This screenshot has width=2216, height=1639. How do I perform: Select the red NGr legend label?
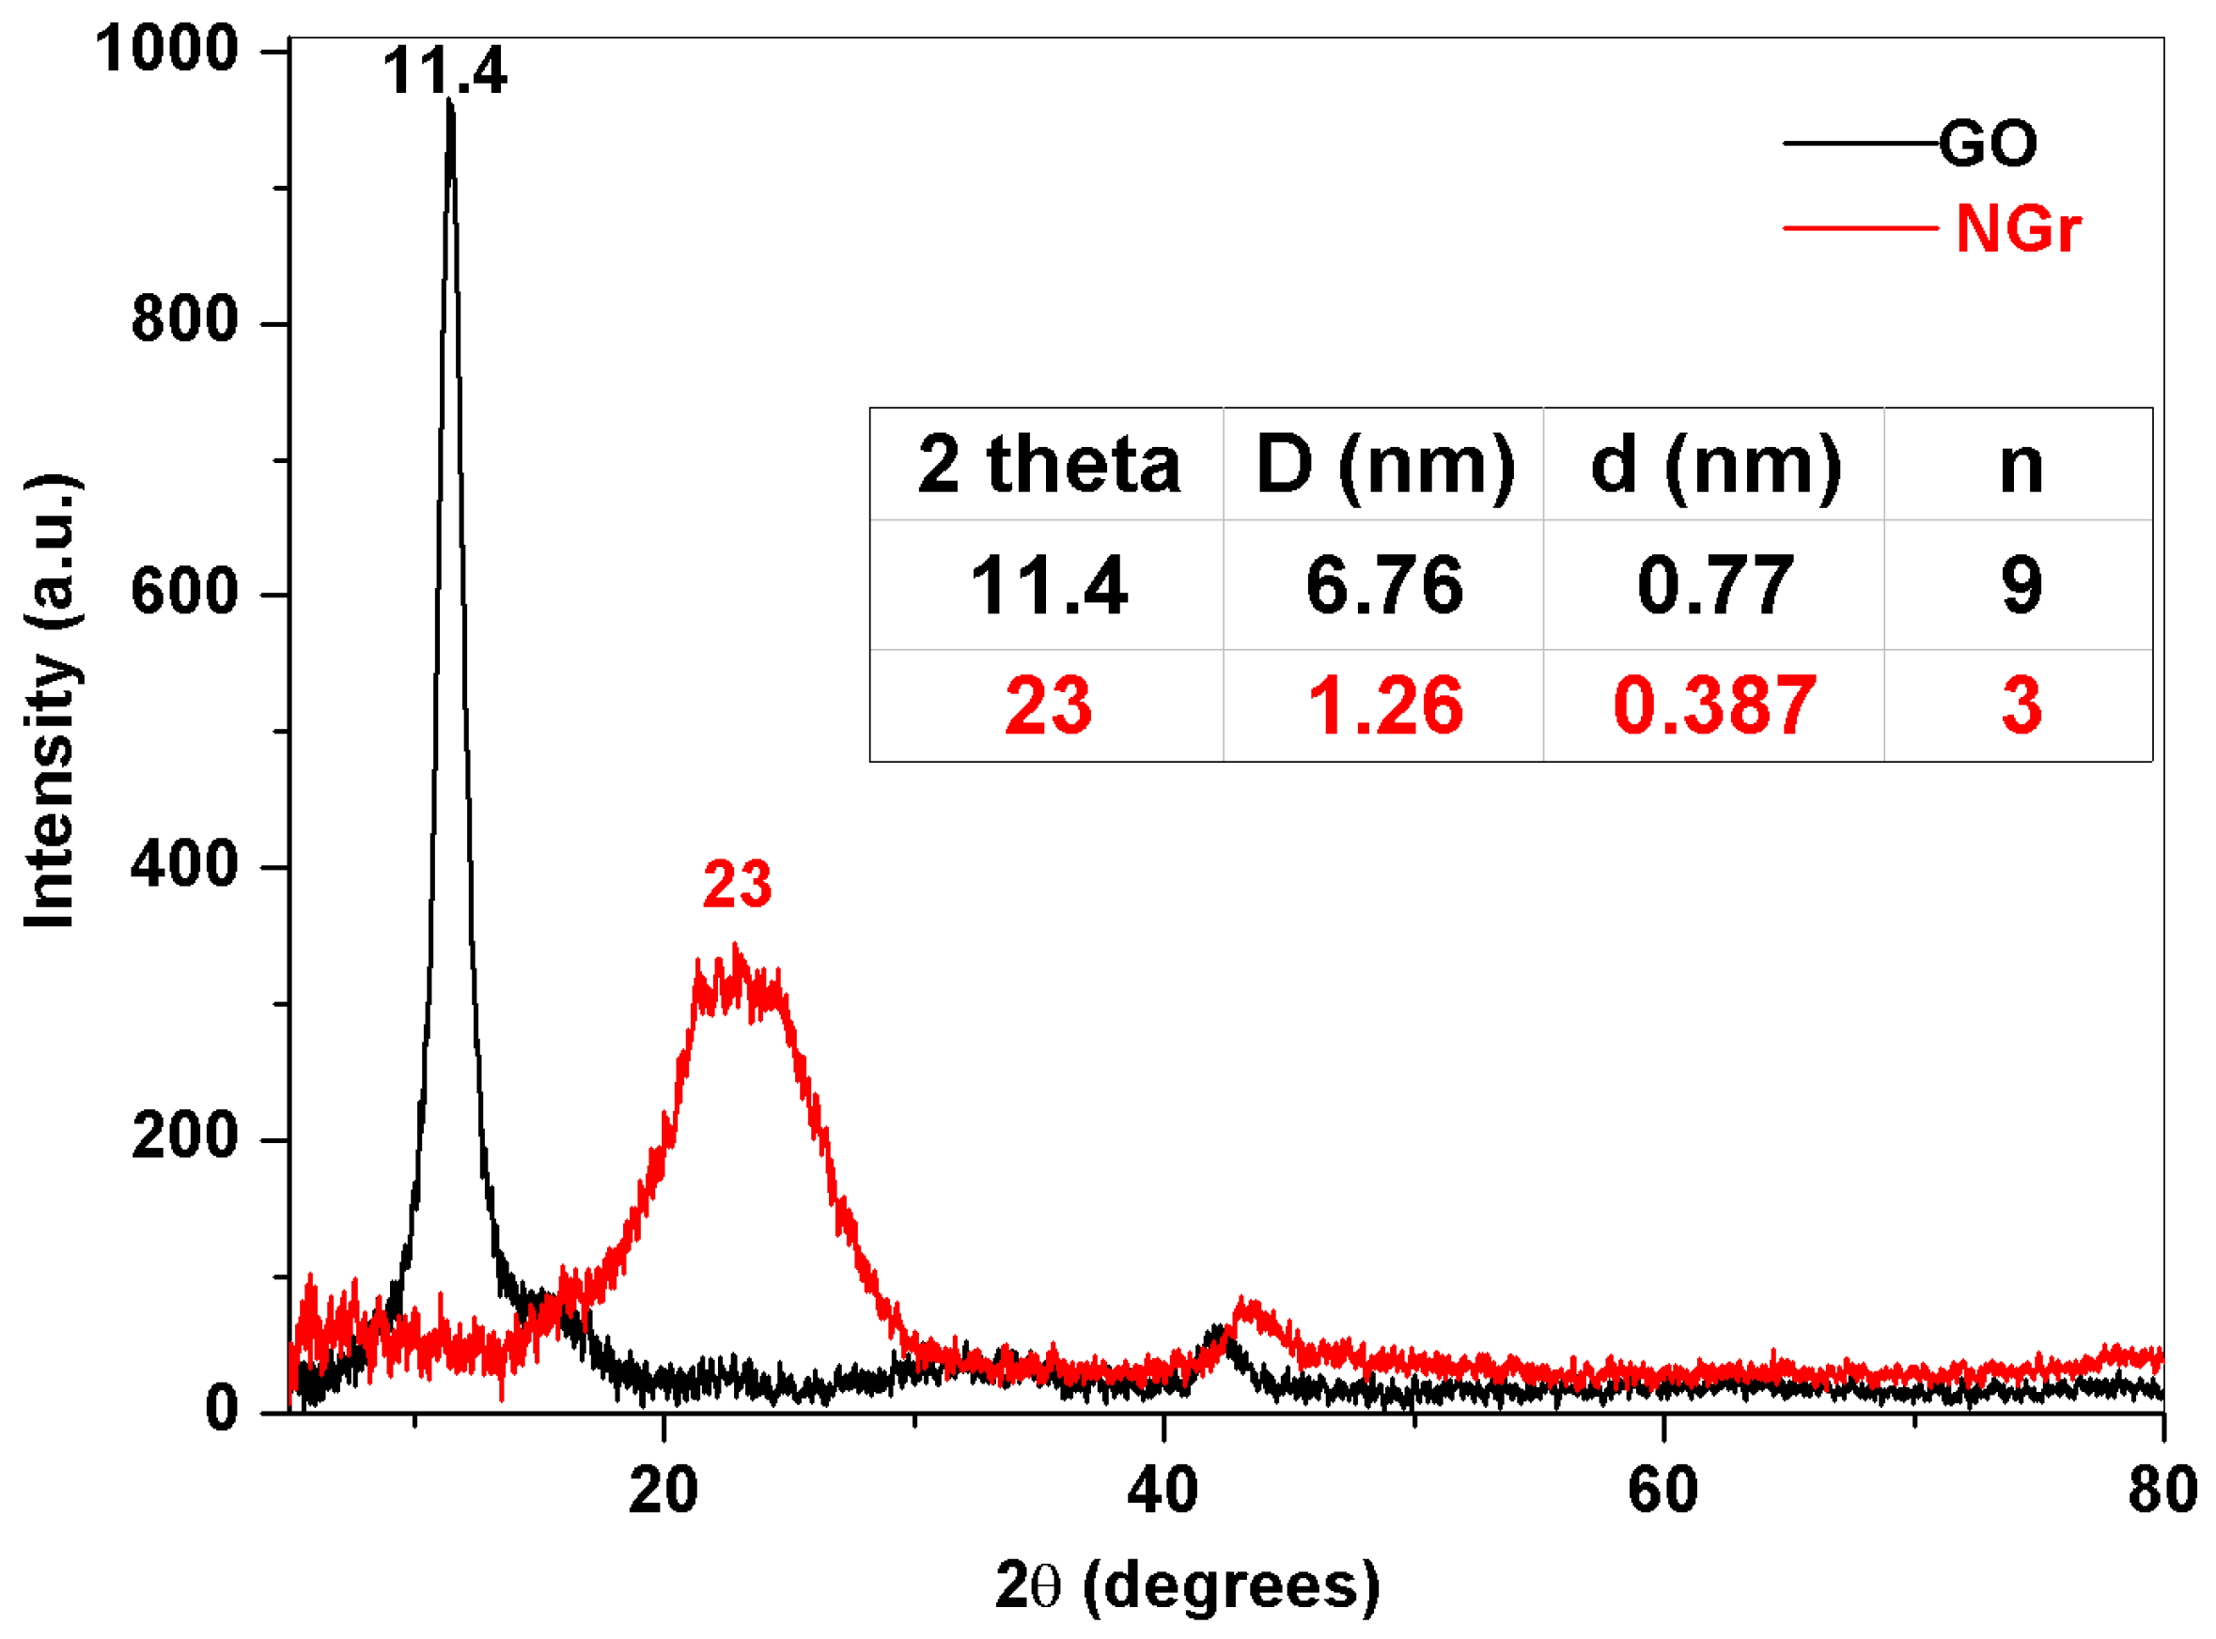pos(2018,230)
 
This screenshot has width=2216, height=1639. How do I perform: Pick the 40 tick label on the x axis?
pos(1163,1491)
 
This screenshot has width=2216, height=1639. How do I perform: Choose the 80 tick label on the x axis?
pos(2161,1491)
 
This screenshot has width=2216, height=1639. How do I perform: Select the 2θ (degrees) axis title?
pos(1187,1585)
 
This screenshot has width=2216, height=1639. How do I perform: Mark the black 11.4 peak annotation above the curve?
pos(445,72)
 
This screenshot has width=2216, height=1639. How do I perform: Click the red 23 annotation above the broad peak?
pos(737,885)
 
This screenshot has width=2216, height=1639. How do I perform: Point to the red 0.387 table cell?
pos(1714,706)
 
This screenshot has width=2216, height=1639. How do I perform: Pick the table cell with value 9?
pos(2021,585)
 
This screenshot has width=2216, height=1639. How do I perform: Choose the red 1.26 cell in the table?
pos(1384,706)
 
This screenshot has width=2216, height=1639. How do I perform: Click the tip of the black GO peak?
pos(450,102)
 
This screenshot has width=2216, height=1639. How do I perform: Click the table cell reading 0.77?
pos(1714,585)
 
